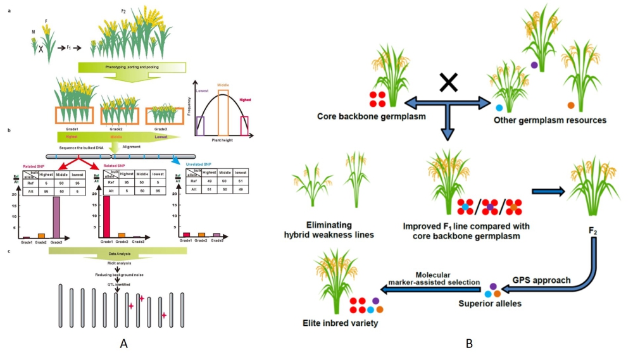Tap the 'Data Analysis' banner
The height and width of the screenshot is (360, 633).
click(118, 252)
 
